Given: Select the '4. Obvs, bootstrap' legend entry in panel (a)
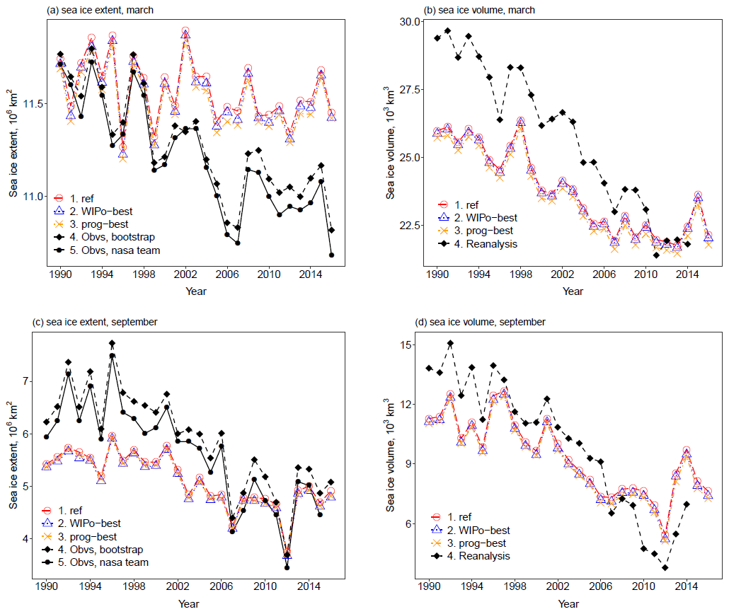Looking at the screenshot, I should (x=98, y=237).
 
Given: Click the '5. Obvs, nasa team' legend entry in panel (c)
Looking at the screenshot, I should (x=99, y=562).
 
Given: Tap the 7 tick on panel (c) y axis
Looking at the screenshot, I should (x=28, y=381).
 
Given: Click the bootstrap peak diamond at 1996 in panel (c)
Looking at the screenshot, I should (x=112, y=343).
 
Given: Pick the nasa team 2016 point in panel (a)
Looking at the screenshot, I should (x=331, y=255).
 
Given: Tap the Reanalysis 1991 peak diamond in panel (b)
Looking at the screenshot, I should (x=447, y=31).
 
